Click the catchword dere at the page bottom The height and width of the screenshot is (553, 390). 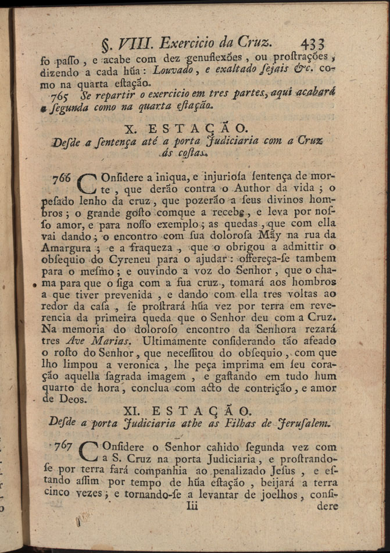click(x=327, y=506)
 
